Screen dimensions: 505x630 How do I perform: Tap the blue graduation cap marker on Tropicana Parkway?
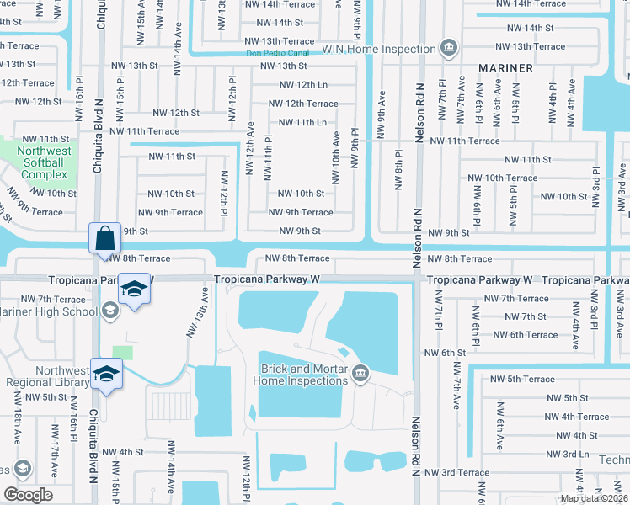click(x=134, y=289)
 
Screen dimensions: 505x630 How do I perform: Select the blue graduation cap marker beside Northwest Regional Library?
click(x=107, y=374)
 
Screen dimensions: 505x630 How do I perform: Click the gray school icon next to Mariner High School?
click(x=109, y=311)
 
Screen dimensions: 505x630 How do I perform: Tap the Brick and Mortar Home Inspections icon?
click(x=360, y=372)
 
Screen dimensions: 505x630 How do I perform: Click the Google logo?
click(x=28, y=495)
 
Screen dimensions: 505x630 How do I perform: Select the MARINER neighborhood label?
click(x=506, y=67)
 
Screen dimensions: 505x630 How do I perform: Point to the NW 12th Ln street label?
click(x=302, y=84)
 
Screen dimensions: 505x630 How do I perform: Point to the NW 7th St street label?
click(x=525, y=316)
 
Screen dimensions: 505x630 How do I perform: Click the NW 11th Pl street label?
click(x=267, y=157)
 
